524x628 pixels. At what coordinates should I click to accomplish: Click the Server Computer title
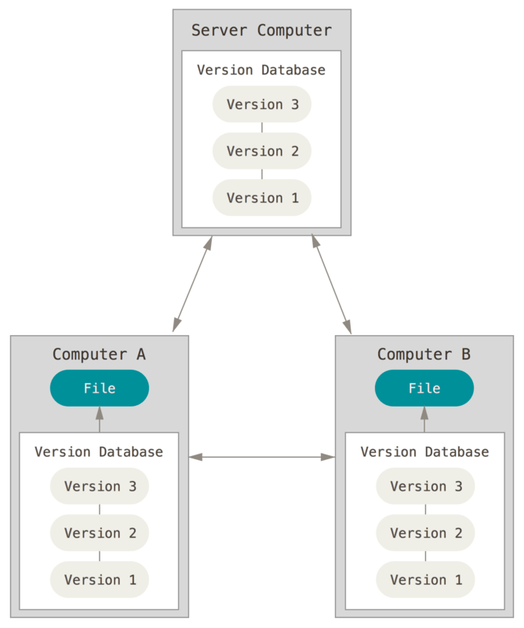pos(261,31)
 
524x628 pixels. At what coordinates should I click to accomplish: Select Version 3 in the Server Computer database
pos(262,104)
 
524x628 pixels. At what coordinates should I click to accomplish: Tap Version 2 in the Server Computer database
pos(262,151)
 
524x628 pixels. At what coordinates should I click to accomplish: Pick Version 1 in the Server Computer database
pos(262,198)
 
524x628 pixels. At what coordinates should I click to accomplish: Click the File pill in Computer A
pos(100,388)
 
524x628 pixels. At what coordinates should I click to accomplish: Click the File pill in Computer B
pos(424,388)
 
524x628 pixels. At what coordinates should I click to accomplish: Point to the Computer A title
pos(99,354)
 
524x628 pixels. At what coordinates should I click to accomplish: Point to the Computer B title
pos(424,354)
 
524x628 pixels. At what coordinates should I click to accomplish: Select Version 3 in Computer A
pos(100,486)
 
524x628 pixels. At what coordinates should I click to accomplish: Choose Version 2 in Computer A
pos(100,533)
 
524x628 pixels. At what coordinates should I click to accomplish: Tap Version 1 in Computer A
pos(100,579)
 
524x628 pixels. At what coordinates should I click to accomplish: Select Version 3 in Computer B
pos(425,486)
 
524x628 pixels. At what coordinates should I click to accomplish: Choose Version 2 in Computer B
pos(425,533)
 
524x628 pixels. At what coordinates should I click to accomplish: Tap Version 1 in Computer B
pos(425,579)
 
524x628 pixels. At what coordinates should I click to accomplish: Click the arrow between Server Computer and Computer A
pos(193,283)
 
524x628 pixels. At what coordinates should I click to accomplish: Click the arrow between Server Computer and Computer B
pos(331,283)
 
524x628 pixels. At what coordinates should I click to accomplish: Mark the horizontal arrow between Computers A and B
pos(261,456)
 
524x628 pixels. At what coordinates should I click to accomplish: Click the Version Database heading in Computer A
pos(99,452)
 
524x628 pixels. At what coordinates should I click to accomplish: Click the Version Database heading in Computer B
pos(424,452)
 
